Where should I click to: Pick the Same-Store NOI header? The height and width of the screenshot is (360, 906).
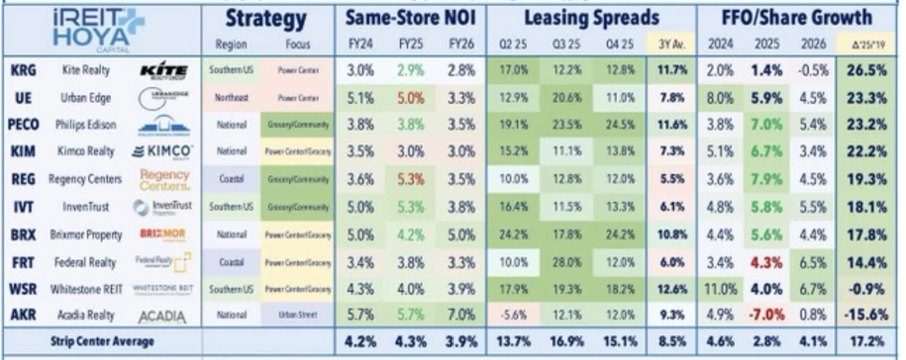pyautogui.click(x=398, y=17)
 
